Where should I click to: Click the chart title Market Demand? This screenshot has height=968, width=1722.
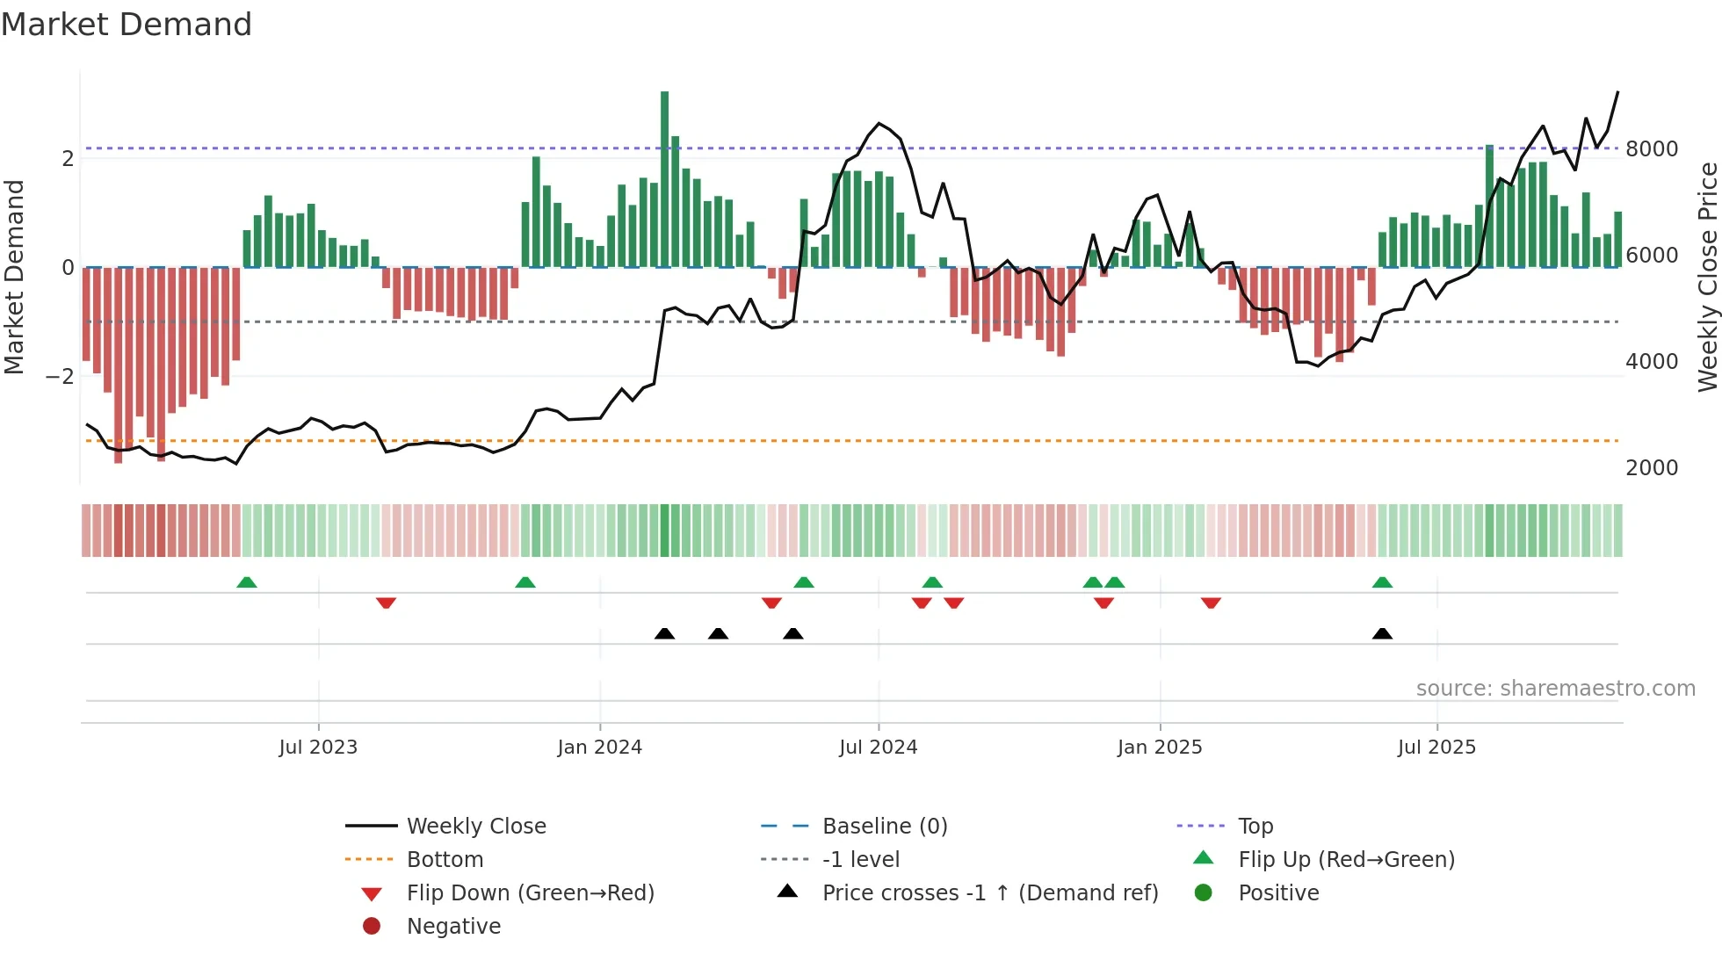127,25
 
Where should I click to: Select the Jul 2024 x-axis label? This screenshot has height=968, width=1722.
878,748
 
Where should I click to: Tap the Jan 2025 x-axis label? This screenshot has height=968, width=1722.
1160,748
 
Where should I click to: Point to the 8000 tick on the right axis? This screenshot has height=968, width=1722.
1652,149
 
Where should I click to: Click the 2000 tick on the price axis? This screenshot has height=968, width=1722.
1652,468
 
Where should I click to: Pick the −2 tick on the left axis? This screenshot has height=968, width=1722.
61,377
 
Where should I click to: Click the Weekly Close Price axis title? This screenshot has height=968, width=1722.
1707,277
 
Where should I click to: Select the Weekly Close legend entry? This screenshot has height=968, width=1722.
475,827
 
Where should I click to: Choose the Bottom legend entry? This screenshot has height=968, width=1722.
445,860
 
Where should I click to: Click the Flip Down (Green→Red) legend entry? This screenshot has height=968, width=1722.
530,893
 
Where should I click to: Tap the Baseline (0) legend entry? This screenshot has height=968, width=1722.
884,827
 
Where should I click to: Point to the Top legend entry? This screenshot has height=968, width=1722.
1255,827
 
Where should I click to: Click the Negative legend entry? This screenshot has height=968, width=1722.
453,927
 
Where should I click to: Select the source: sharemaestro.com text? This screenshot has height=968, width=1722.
1555,689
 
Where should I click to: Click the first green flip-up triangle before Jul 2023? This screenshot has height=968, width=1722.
247,582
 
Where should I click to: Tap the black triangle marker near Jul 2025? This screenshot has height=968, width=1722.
1382,634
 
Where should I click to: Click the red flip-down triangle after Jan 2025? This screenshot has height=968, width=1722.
1211,603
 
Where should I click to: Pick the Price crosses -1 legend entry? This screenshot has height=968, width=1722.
989,893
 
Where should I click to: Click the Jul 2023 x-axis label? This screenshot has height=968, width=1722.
318,748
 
